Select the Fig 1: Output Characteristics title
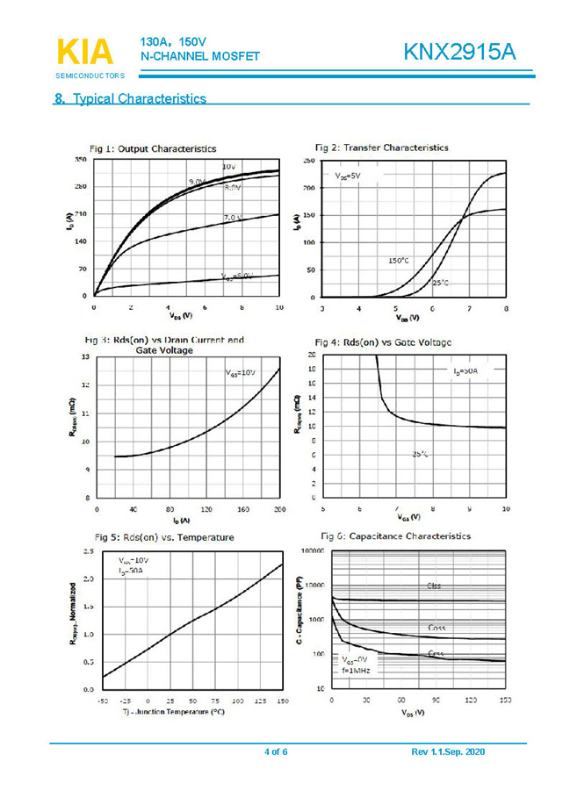coord(153,148)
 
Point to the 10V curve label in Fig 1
coord(227,166)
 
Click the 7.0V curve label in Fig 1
coord(232,218)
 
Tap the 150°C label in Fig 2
coord(398,261)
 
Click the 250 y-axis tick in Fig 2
coord(308,162)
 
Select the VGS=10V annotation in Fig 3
coord(241,373)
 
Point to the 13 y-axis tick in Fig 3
coord(84,357)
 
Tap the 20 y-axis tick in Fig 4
coord(312,354)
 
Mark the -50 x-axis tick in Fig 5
coord(103,701)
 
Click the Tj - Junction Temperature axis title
coord(173,712)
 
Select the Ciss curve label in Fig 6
coord(435,586)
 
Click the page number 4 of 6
coord(276,752)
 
